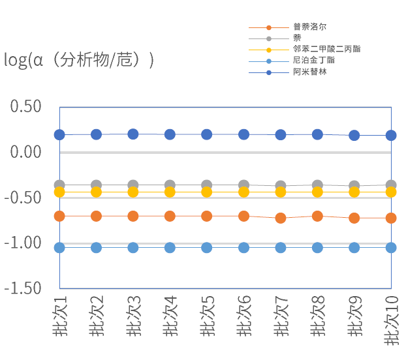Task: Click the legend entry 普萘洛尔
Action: click(309, 27)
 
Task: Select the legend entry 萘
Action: click(297, 38)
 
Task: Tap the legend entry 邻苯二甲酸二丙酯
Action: click(326, 50)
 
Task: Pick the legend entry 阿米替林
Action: click(309, 72)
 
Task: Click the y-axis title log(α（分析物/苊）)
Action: click(79, 61)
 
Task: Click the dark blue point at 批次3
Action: click(133, 134)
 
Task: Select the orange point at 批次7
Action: click(281, 218)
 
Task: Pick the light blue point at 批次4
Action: click(170, 248)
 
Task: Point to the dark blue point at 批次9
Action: click(354, 136)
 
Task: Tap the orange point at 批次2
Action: click(96, 216)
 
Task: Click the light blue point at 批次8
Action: click(317, 248)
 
